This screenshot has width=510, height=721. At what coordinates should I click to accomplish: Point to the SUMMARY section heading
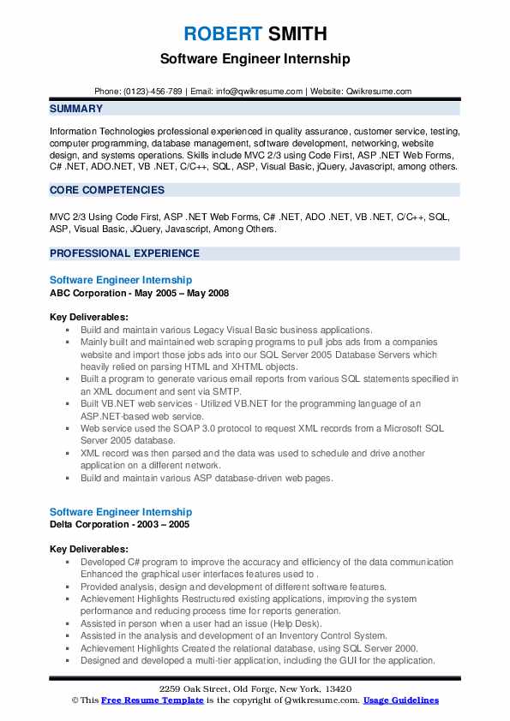tap(76, 109)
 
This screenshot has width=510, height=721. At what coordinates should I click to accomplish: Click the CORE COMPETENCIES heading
tap(107, 189)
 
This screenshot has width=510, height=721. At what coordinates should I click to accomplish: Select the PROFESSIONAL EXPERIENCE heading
tap(124, 253)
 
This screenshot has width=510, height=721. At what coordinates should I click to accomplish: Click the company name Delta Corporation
tap(93, 524)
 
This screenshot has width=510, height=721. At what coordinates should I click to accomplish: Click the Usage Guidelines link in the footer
tap(400, 700)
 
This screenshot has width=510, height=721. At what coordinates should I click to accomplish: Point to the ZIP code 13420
tap(336, 689)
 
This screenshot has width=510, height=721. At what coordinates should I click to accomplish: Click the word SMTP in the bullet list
tap(227, 389)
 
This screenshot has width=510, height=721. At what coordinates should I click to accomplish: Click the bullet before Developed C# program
tap(68, 563)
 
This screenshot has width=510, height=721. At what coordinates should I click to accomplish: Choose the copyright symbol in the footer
tap(75, 700)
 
